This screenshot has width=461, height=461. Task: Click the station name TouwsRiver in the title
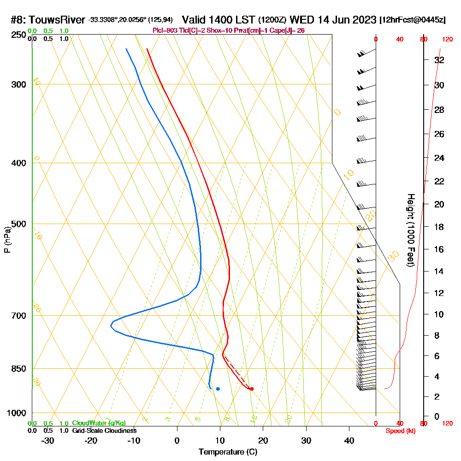(59, 20)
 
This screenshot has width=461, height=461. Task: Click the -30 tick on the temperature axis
(48, 441)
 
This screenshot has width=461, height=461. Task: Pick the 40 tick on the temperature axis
(349, 441)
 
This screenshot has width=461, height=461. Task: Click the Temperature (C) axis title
(228, 452)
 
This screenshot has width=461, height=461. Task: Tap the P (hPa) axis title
(7, 240)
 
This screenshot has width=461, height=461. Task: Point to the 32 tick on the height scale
(439, 60)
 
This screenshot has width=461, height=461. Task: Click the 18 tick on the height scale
(439, 227)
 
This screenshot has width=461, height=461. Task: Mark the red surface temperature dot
(251, 389)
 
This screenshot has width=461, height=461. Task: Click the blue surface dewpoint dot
(218, 389)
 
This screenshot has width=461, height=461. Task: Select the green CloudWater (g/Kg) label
(99, 423)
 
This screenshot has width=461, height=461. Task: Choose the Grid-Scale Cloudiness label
(104, 431)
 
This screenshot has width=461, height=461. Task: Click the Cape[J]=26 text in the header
(288, 30)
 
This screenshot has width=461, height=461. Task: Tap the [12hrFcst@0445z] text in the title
(412, 20)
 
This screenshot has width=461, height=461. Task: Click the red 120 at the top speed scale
(447, 39)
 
